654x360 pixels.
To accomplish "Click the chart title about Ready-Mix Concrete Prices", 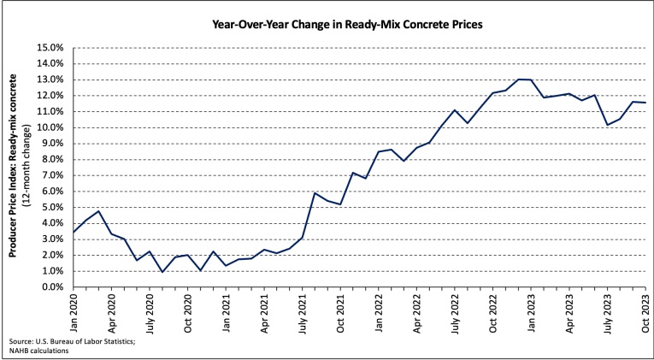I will click(x=347, y=24).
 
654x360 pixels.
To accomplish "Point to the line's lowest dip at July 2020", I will click(x=162, y=272).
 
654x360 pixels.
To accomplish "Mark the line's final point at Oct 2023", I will click(x=645, y=103).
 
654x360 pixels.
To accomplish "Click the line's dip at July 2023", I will click(x=607, y=125).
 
